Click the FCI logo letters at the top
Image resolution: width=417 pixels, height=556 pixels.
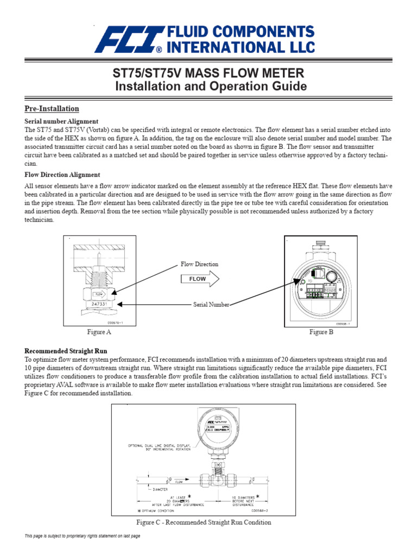[128, 40]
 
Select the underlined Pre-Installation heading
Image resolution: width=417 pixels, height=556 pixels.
[52, 109]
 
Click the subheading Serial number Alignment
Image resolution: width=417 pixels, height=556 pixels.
[61, 121]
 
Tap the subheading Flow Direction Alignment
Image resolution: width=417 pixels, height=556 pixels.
[62, 175]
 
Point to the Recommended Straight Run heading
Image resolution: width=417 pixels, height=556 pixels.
[66, 351]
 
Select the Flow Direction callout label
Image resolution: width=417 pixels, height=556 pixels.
[199, 264]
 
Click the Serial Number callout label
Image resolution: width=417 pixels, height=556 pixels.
[211, 305]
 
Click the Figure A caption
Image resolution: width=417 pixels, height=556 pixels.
[99, 332]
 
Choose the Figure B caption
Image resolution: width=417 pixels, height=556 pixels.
[321, 332]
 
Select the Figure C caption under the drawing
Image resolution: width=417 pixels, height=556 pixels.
[203, 522]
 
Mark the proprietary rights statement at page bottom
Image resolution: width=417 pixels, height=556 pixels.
[83, 536]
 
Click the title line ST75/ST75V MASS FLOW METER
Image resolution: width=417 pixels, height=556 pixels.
[208, 73]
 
